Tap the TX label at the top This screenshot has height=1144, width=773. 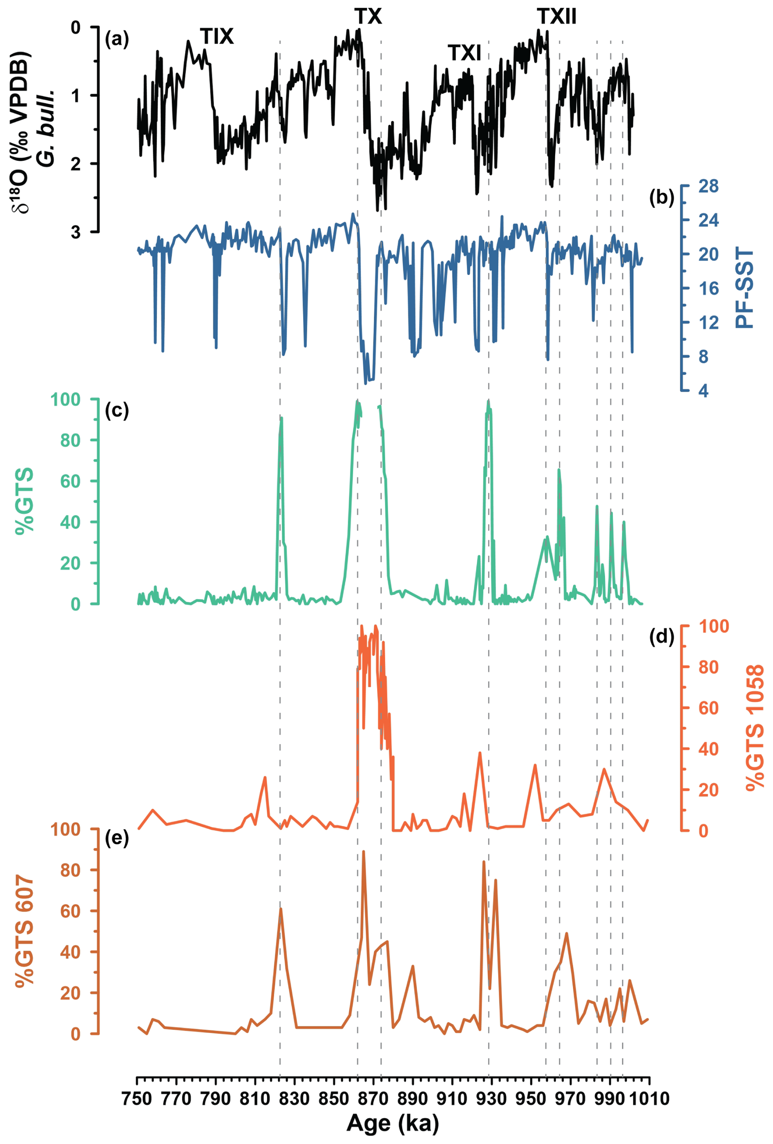pos(368,17)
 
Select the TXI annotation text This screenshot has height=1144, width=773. pos(464,53)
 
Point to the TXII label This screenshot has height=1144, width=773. pos(556,17)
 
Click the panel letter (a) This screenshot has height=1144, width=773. pos(117,39)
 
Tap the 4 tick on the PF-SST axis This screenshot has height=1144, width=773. pos(703,391)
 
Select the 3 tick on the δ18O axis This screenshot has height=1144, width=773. pos(75,232)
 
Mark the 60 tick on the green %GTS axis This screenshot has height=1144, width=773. pos(70,481)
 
